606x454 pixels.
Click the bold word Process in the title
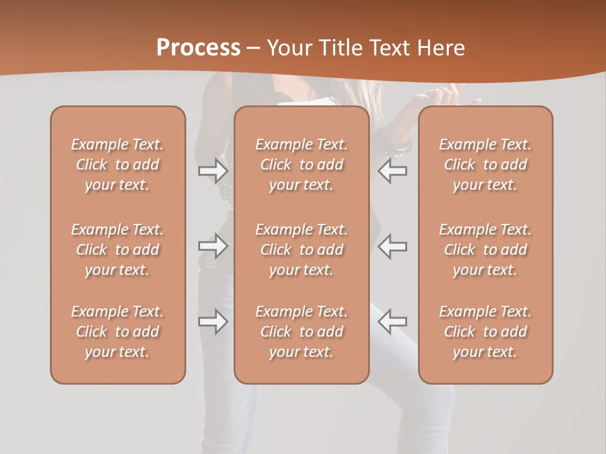[198, 47]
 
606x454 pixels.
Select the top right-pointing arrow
[213, 170]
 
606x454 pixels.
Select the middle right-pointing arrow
[213, 245]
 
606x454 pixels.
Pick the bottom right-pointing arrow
[213, 322]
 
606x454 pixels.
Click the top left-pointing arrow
[393, 170]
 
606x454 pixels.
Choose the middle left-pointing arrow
[393, 245]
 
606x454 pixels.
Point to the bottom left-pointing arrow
[393, 322]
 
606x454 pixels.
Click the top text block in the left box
[117, 165]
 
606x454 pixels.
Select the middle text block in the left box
[117, 250]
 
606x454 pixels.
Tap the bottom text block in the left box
[117, 332]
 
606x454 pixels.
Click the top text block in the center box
[301, 165]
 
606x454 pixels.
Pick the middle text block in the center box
[301, 250]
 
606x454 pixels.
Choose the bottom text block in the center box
[301, 332]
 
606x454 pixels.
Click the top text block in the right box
[485, 165]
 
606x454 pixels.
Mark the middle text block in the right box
[485, 250]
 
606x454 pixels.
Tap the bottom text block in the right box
[485, 332]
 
